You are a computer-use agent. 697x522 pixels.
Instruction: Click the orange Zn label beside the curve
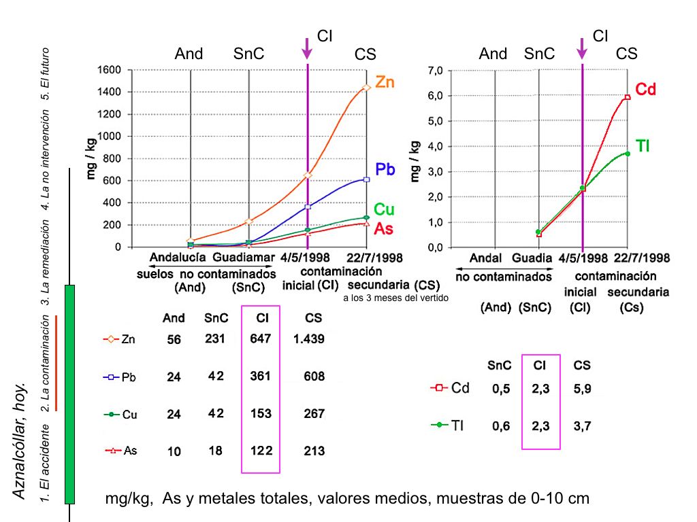[385, 82]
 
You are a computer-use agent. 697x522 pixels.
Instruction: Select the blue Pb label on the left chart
[385, 170]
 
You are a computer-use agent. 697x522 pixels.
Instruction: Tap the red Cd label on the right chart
[645, 89]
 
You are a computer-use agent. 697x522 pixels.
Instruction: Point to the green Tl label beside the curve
[643, 145]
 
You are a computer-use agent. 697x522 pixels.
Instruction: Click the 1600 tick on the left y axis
[109, 70]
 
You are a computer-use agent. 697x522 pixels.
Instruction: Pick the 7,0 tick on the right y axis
[436, 70]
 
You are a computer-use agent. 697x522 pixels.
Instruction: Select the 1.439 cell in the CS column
[309, 338]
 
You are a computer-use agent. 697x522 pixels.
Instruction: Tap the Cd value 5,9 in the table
[582, 389]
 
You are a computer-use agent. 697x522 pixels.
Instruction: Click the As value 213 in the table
[314, 451]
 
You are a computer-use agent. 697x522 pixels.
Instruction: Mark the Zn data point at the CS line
[367, 88]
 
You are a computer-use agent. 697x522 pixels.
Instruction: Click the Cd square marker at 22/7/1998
[628, 97]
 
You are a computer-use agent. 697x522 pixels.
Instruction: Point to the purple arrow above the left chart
[308, 48]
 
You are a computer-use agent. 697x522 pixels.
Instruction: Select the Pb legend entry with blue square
[120, 377]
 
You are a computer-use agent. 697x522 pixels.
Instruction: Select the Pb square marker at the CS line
[367, 179]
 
